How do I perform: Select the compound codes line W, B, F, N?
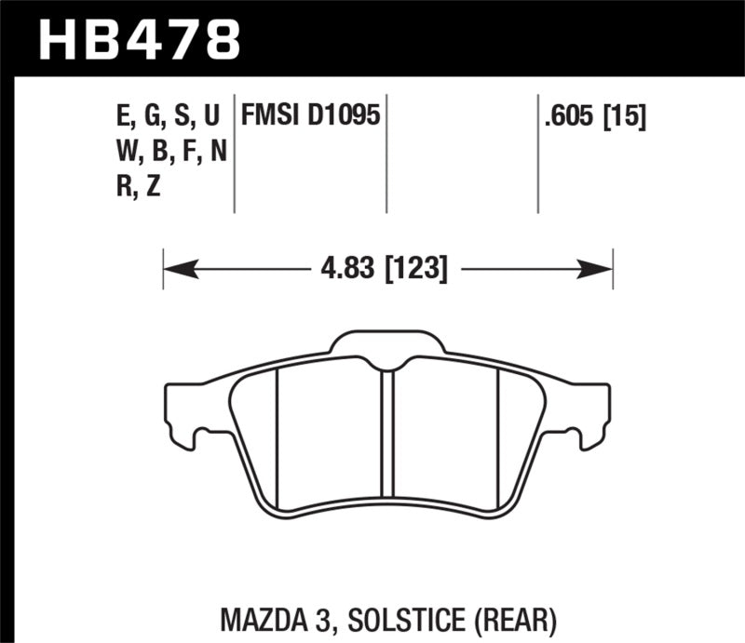[167, 152]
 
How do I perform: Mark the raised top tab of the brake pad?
[388, 342]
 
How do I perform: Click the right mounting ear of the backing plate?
[592, 409]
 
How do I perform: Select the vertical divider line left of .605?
[538, 154]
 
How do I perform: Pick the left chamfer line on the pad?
[278, 437]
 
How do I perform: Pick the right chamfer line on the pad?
[499, 437]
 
